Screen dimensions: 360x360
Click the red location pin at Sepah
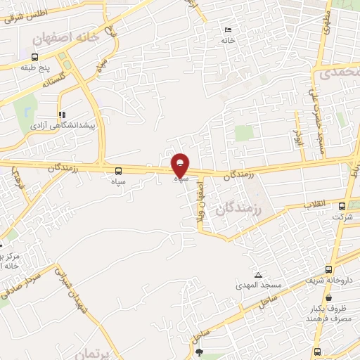pos(181,165)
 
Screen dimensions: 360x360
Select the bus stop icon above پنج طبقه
pos(34,57)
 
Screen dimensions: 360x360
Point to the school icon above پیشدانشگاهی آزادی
pos(63,114)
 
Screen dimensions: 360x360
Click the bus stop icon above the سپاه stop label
pos(117,170)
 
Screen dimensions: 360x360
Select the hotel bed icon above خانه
pos(227,30)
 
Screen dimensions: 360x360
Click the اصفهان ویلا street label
pos(200,207)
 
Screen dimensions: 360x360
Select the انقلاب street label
pos(314,204)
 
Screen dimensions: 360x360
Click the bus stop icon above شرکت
pos(342,206)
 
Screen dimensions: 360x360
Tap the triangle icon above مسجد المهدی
pos(259,275)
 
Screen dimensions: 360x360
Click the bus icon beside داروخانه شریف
pos(328,271)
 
